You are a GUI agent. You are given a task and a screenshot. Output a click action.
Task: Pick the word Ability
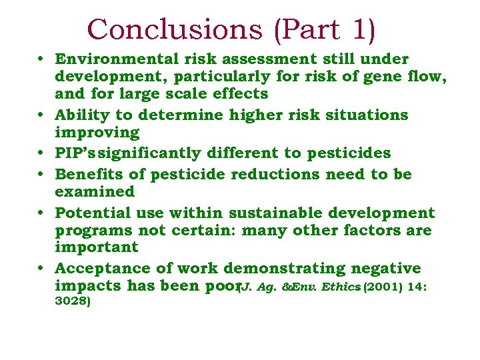(x=81, y=115)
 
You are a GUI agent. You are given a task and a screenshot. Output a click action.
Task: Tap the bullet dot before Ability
(x=42, y=115)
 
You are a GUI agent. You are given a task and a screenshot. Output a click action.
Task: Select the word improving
(x=97, y=132)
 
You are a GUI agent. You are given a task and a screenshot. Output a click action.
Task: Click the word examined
(x=95, y=192)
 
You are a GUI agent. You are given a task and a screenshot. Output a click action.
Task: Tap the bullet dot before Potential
(x=42, y=213)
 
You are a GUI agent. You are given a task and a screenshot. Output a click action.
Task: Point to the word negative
(x=386, y=269)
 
